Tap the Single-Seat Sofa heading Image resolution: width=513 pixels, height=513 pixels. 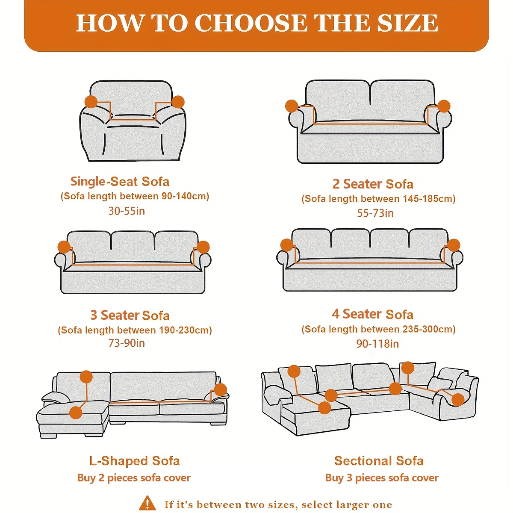point(120,182)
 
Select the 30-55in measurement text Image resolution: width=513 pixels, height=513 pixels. point(127,211)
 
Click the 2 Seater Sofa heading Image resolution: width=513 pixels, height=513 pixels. point(373,184)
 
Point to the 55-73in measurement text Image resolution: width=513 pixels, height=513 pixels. point(375,213)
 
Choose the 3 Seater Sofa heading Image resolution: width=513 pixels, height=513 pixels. point(130,315)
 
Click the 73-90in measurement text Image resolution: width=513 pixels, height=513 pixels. point(127,343)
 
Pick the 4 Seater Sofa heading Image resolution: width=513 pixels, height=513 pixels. point(372,314)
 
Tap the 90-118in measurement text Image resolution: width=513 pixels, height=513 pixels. point(377,344)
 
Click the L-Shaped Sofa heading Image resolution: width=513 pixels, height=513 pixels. point(134,461)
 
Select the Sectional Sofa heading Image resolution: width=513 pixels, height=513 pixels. point(379,461)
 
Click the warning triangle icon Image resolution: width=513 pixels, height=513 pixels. point(147,503)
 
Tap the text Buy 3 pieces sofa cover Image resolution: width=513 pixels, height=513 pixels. point(382,478)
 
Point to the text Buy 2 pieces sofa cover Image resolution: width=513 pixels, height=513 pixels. point(134,478)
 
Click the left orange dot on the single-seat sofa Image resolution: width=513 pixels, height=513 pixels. point(91,102)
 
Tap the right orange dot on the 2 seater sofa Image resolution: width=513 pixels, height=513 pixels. point(444,106)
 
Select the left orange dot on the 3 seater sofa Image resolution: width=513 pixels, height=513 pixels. point(64,247)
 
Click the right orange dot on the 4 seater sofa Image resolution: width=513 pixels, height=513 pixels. point(453,245)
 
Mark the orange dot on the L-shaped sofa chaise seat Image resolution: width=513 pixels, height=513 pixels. point(76,413)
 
